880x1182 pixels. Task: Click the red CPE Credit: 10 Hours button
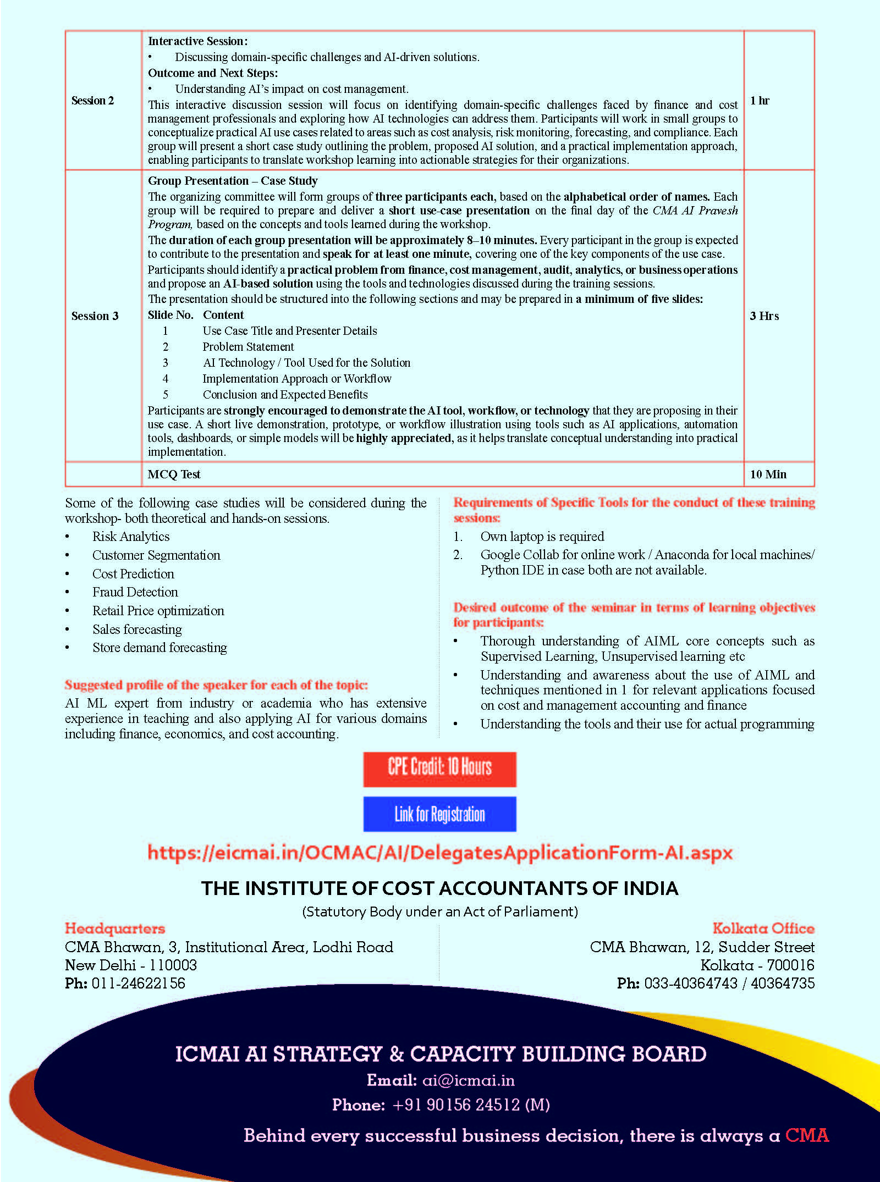(x=439, y=769)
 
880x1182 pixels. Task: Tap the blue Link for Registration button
(x=439, y=814)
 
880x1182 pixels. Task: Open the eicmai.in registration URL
(x=439, y=853)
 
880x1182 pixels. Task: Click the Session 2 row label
(x=92, y=101)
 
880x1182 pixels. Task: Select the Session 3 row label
(x=95, y=316)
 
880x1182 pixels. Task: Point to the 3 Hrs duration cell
(x=764, y=316)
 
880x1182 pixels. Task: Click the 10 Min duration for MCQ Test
(x=768, y=474)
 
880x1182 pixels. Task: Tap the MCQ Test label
(x=174, y=474)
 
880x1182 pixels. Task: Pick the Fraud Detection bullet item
(x=135, y=592)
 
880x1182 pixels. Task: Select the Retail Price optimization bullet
(x=158, y=611)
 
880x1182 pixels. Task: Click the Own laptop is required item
(x=542, y=537)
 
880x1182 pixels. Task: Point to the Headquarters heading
(x=114, y=929)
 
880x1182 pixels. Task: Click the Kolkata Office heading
(x=763, y=929)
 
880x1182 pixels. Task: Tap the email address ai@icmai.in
(x=468, y=1081)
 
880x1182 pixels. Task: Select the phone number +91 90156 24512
(x=471, y=1105)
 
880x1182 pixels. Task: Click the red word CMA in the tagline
(x=806, y=1136)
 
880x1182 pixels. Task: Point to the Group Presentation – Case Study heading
(x=233, y=181)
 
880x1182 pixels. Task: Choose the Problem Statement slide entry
(x=248, y=347)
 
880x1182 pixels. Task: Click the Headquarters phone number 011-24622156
(x=138, y=984)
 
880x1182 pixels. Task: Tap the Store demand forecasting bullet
(x=159, y=648)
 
